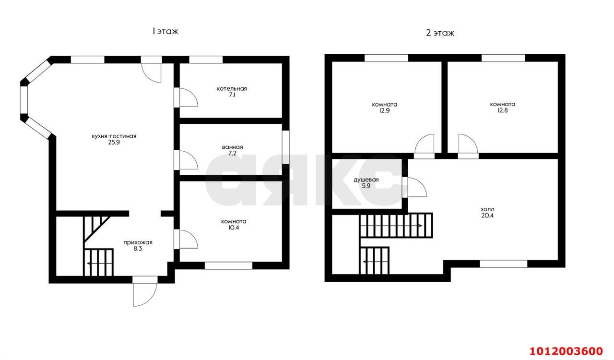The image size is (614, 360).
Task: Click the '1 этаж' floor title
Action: click(x=165, y=31)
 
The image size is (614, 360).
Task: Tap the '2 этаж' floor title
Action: click(x=440, y=33)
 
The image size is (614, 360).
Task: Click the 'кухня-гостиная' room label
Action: click(x=114, y=136)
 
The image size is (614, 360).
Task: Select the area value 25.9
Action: click(x=114, y=143)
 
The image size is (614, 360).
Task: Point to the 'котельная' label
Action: click(x=232, y=89)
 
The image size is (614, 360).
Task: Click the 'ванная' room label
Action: click(x=233, y=147)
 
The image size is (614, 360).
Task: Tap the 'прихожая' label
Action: click(x=138, y=242)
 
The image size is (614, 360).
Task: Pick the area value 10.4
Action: click(x=234, y=228)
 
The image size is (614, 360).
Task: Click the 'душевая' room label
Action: click(x=366, y=180)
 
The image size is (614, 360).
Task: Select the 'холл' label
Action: click(x=487, y=209)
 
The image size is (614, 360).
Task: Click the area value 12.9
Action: click(x=384, y=110)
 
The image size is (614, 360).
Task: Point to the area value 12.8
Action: click(x=503, y=110)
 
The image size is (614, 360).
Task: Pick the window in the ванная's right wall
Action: click(x=286, y=147)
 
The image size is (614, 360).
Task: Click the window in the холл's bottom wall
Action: click(x=504, y=264)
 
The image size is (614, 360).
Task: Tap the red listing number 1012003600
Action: click(x=566, y=351)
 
